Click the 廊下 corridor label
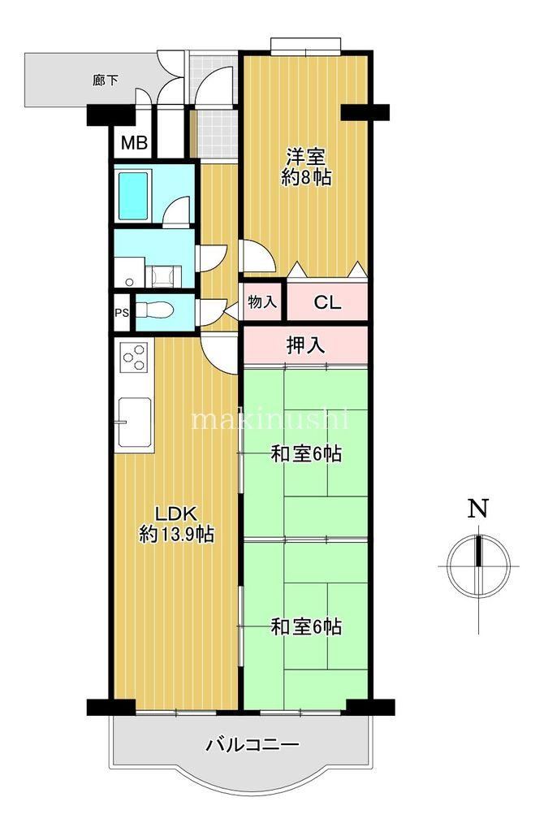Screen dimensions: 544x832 [105, 80]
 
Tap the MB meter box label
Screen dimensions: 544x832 [134, 142]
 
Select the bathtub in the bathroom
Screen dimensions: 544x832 [133, 195]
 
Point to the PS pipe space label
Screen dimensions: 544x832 [122, 313]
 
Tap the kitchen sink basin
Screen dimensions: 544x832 [135, 422]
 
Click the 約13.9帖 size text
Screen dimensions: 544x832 [176, 534]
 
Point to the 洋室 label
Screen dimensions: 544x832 [306, 157]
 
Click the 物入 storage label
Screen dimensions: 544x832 [262, 302]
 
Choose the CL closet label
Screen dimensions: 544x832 [328, 302]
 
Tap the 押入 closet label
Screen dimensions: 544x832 [305, 346]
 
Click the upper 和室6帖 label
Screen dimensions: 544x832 [306, 454]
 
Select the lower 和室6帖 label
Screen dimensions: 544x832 [306, 627]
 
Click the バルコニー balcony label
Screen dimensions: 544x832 [253, 745]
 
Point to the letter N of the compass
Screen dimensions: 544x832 [477, 509]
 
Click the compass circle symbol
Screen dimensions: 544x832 [479, 566]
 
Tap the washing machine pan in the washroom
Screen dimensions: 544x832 [163, 276]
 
